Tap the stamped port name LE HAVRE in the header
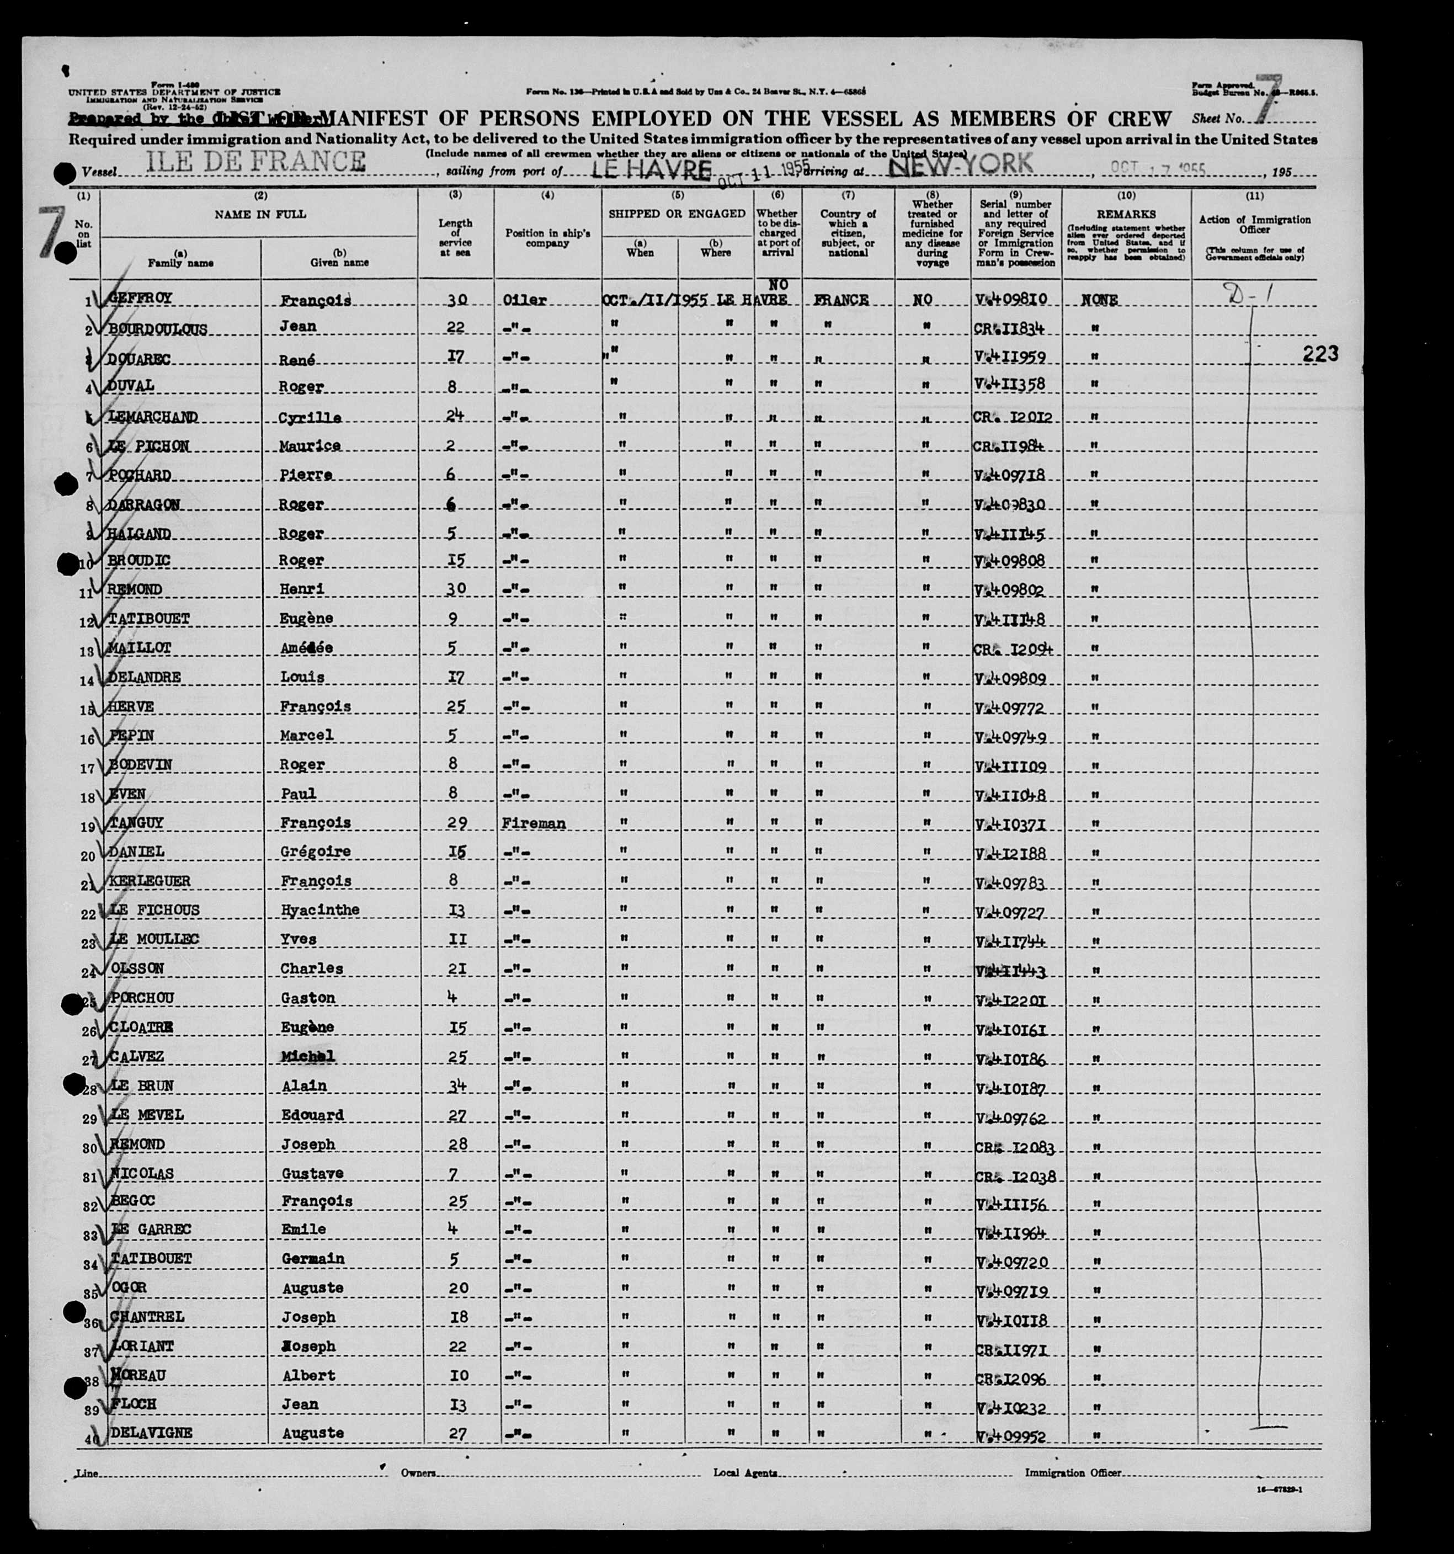(651, 169)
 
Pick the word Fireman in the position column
(535, 823)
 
